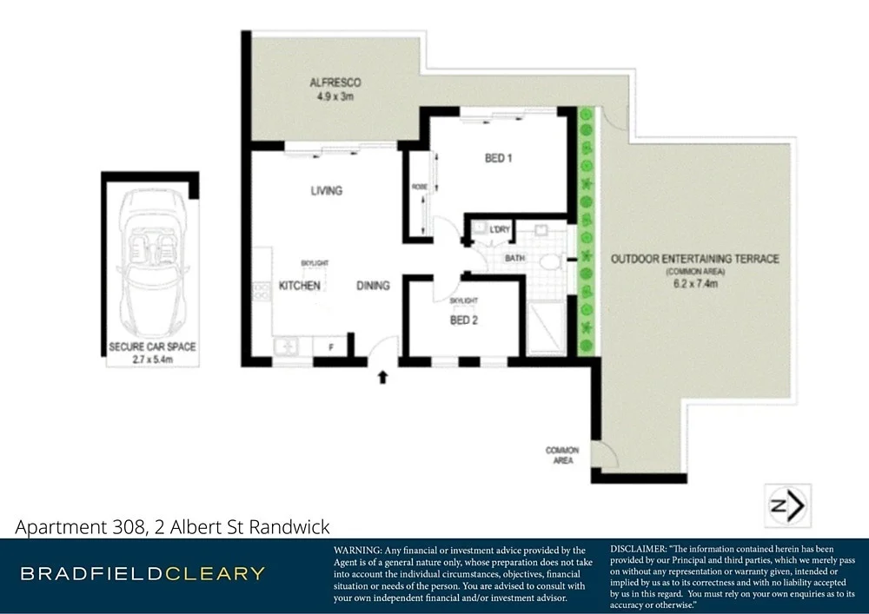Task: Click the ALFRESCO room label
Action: [335, 83]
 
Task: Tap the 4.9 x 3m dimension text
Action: [335, 97]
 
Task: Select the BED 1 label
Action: [499, 158]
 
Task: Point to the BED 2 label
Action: [463, 320]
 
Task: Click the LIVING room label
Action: [327, 190]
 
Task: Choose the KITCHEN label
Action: [300, 286]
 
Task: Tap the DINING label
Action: [372, 286]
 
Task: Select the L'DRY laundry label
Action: [499, 229]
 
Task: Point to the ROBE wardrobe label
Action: [419, 187]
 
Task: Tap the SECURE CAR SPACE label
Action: [152, 347]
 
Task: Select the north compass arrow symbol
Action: [788, 505]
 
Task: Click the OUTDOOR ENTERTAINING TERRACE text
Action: [694, 259]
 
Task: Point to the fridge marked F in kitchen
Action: [331, 347]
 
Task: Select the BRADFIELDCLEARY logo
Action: [143, 573]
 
